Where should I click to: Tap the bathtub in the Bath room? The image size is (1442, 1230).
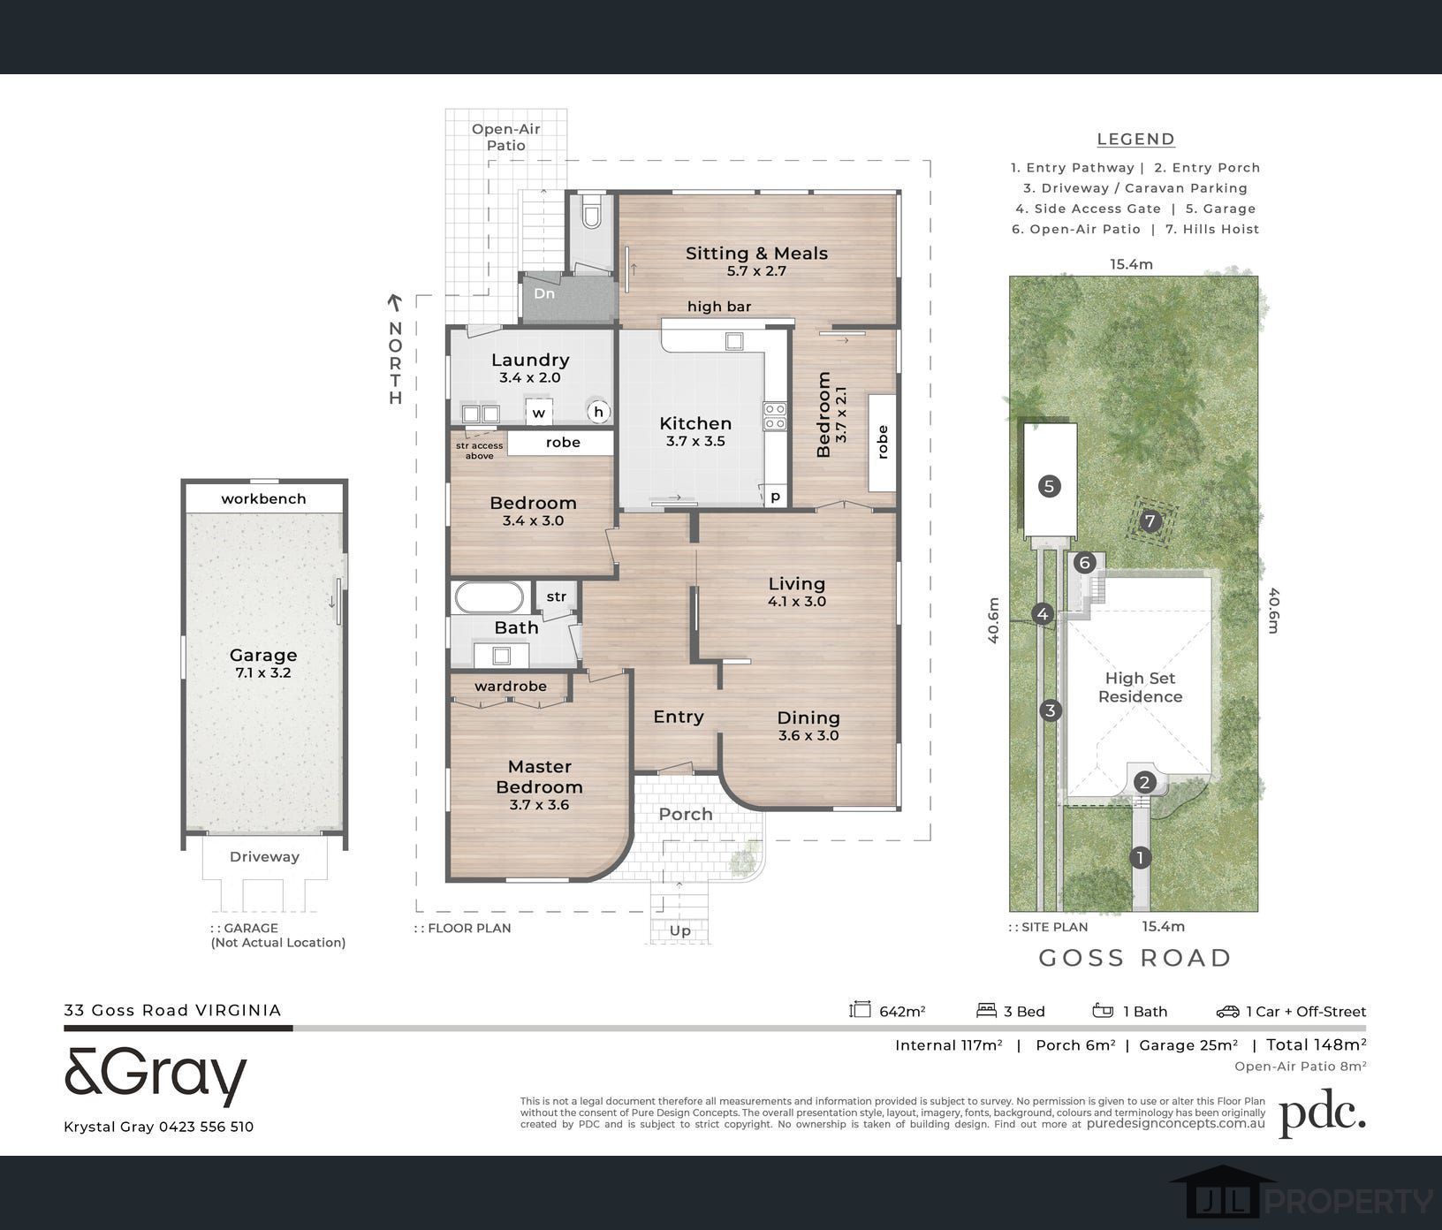[x=490, y=597]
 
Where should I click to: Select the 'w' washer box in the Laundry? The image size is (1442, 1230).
[x=539, y=413]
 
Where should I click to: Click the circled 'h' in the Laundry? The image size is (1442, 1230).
[x=599, y=411]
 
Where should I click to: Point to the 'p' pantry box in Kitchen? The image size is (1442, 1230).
[x=775, y=497]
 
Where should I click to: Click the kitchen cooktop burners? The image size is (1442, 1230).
[x=775, y=416]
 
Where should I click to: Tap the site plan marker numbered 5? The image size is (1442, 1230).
[x=1049, y=485]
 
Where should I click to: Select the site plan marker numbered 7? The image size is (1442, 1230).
[x=1150, y=521]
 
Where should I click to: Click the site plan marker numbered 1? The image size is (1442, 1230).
[x=1141, y=857]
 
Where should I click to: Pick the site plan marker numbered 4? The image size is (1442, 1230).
[x=1044, y=614]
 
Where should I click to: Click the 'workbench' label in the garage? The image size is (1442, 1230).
[x=263, y=498]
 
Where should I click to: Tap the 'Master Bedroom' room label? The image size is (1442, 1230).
[x=539, y=777]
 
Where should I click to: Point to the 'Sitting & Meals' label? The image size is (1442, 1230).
[x=757, y=253]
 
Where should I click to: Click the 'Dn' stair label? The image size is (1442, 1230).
[x=544, y=293]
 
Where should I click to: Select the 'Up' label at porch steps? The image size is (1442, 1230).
[x=680, y=930]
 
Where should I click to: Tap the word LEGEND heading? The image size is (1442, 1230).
[x=1136, y=139]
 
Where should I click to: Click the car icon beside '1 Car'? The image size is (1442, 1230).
[x=1227, y=1011]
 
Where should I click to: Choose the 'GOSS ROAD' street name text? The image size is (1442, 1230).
[x=1135, y=958]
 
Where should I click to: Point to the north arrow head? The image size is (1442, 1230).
[x=395, y=303]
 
